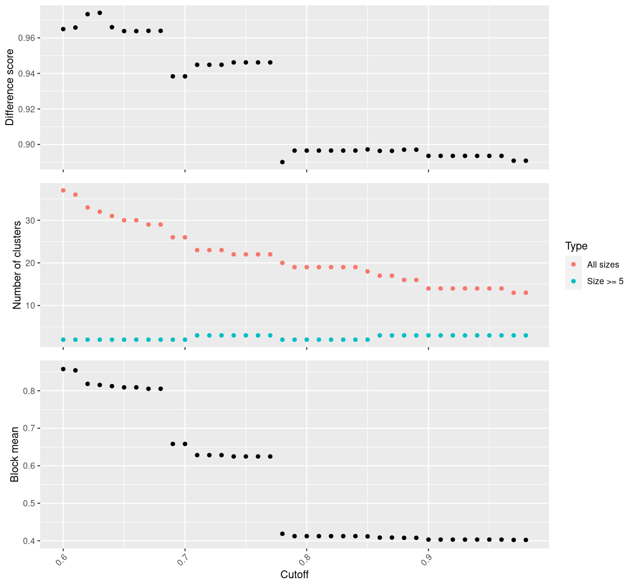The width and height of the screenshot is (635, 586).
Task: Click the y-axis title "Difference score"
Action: click(x=10, y=86)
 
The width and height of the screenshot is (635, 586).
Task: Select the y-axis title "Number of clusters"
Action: click(x=17, y=265)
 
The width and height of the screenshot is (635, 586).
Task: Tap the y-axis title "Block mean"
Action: click(x=15, y=454)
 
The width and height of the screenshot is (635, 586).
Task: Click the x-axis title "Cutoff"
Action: click(x=295, y=574)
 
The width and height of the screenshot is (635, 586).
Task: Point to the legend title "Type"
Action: click(x=576, y=246)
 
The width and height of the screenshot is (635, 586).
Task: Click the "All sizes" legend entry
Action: click(x=603, y=265)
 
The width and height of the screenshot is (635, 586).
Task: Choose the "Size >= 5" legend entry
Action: click(x=605, y=281)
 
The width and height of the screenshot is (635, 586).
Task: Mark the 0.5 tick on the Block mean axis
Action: click(x=30, y=503)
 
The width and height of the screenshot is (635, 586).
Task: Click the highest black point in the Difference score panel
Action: click(x=100, y=13)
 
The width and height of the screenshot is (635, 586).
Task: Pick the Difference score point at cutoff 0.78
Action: click(x=282, y=162)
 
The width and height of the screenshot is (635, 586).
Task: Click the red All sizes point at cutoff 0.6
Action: click(x=63, y=190)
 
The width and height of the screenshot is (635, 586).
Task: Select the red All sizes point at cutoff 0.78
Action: click(x=282, y=263)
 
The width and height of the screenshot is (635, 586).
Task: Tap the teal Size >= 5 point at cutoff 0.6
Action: click(x=63, y=339)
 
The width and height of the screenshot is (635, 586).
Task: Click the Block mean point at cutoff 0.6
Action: click(x=63, y=369)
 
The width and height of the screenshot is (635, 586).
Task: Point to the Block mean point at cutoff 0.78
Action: click(x=282, y=534)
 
